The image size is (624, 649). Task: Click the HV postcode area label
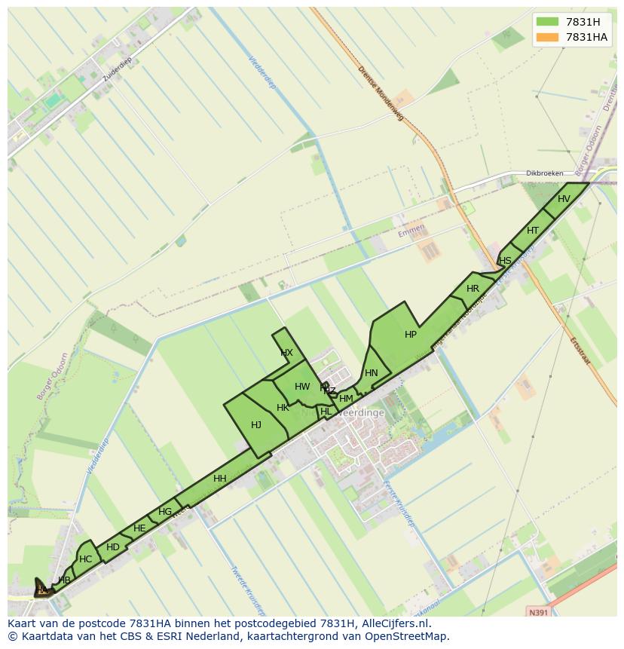click(564, 199)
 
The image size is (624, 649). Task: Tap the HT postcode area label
click(533, 231)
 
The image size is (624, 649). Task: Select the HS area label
click(505, 261)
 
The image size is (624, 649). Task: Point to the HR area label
click(473, 289)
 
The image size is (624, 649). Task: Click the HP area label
click(411, 335)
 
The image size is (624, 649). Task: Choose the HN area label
click(372, 373)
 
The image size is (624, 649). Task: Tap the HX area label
click(286, 353)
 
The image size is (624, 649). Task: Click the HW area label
click(302, 387)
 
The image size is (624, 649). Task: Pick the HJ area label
click(256, 425)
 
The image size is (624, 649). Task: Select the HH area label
click(220, 479)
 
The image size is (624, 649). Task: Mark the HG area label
click(165, 512)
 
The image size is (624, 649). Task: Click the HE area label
click(139, 528)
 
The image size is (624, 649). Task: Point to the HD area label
click(113, 547)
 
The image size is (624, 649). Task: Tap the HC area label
click(86, 559)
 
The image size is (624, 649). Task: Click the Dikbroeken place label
click(544, 173)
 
